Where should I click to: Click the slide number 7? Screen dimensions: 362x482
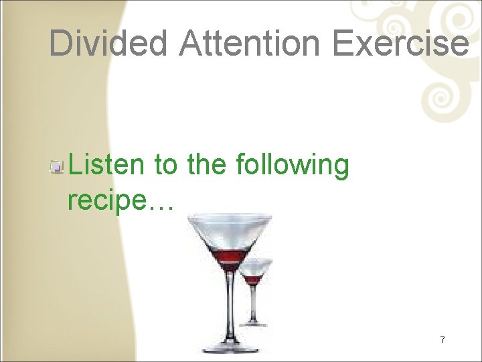pyautogui.click(x=443, y=340)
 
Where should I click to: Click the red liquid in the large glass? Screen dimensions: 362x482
pyautogui.click(x=230, y=257)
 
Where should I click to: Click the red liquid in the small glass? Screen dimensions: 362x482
pyautogui.click(x=254, y=279)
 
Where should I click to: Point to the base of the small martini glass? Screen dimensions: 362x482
pyautogui.click(x=255, y=323)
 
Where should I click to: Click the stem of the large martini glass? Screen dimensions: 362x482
pyautogui.click(x=230, y=305)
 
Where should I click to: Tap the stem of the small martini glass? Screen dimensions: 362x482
pyautogui.click(x=254, y=302)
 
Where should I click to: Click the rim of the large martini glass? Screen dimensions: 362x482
pyautogui.click(x=230, y=217)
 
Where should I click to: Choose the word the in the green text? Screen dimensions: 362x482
pyautogui.click(x=208, y=164)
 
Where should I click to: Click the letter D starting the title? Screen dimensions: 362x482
pyautogui.click(x=61, y=43)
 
